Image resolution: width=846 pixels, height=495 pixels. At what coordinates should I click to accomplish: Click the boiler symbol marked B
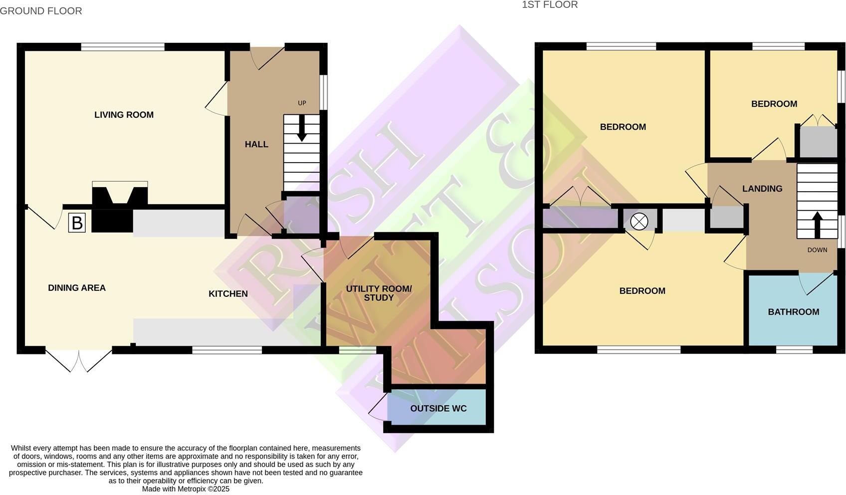77,223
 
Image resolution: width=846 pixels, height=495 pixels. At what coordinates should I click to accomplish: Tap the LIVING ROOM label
124,115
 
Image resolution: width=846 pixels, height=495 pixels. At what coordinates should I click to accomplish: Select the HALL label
256,144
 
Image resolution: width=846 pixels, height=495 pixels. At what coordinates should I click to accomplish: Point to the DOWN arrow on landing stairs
817,225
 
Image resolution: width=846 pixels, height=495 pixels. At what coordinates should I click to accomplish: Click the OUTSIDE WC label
438,408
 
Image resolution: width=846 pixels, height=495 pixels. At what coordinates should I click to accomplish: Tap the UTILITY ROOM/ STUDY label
379,293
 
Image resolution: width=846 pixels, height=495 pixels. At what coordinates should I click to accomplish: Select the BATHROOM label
793,312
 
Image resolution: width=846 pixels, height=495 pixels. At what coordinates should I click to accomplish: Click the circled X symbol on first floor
639,221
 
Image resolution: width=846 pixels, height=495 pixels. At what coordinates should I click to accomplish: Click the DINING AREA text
77,288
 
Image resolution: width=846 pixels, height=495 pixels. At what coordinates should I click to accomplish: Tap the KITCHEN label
228,294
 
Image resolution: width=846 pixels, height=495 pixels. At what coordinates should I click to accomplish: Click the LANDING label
762,189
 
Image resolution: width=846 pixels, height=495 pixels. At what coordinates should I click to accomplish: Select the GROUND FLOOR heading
41,11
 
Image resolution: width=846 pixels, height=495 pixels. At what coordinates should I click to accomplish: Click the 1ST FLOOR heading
550,5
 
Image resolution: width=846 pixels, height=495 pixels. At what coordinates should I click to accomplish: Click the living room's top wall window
123,47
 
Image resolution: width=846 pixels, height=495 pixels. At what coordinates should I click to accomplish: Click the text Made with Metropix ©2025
186,489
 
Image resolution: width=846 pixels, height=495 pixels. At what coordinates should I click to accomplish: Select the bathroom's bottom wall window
794,350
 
